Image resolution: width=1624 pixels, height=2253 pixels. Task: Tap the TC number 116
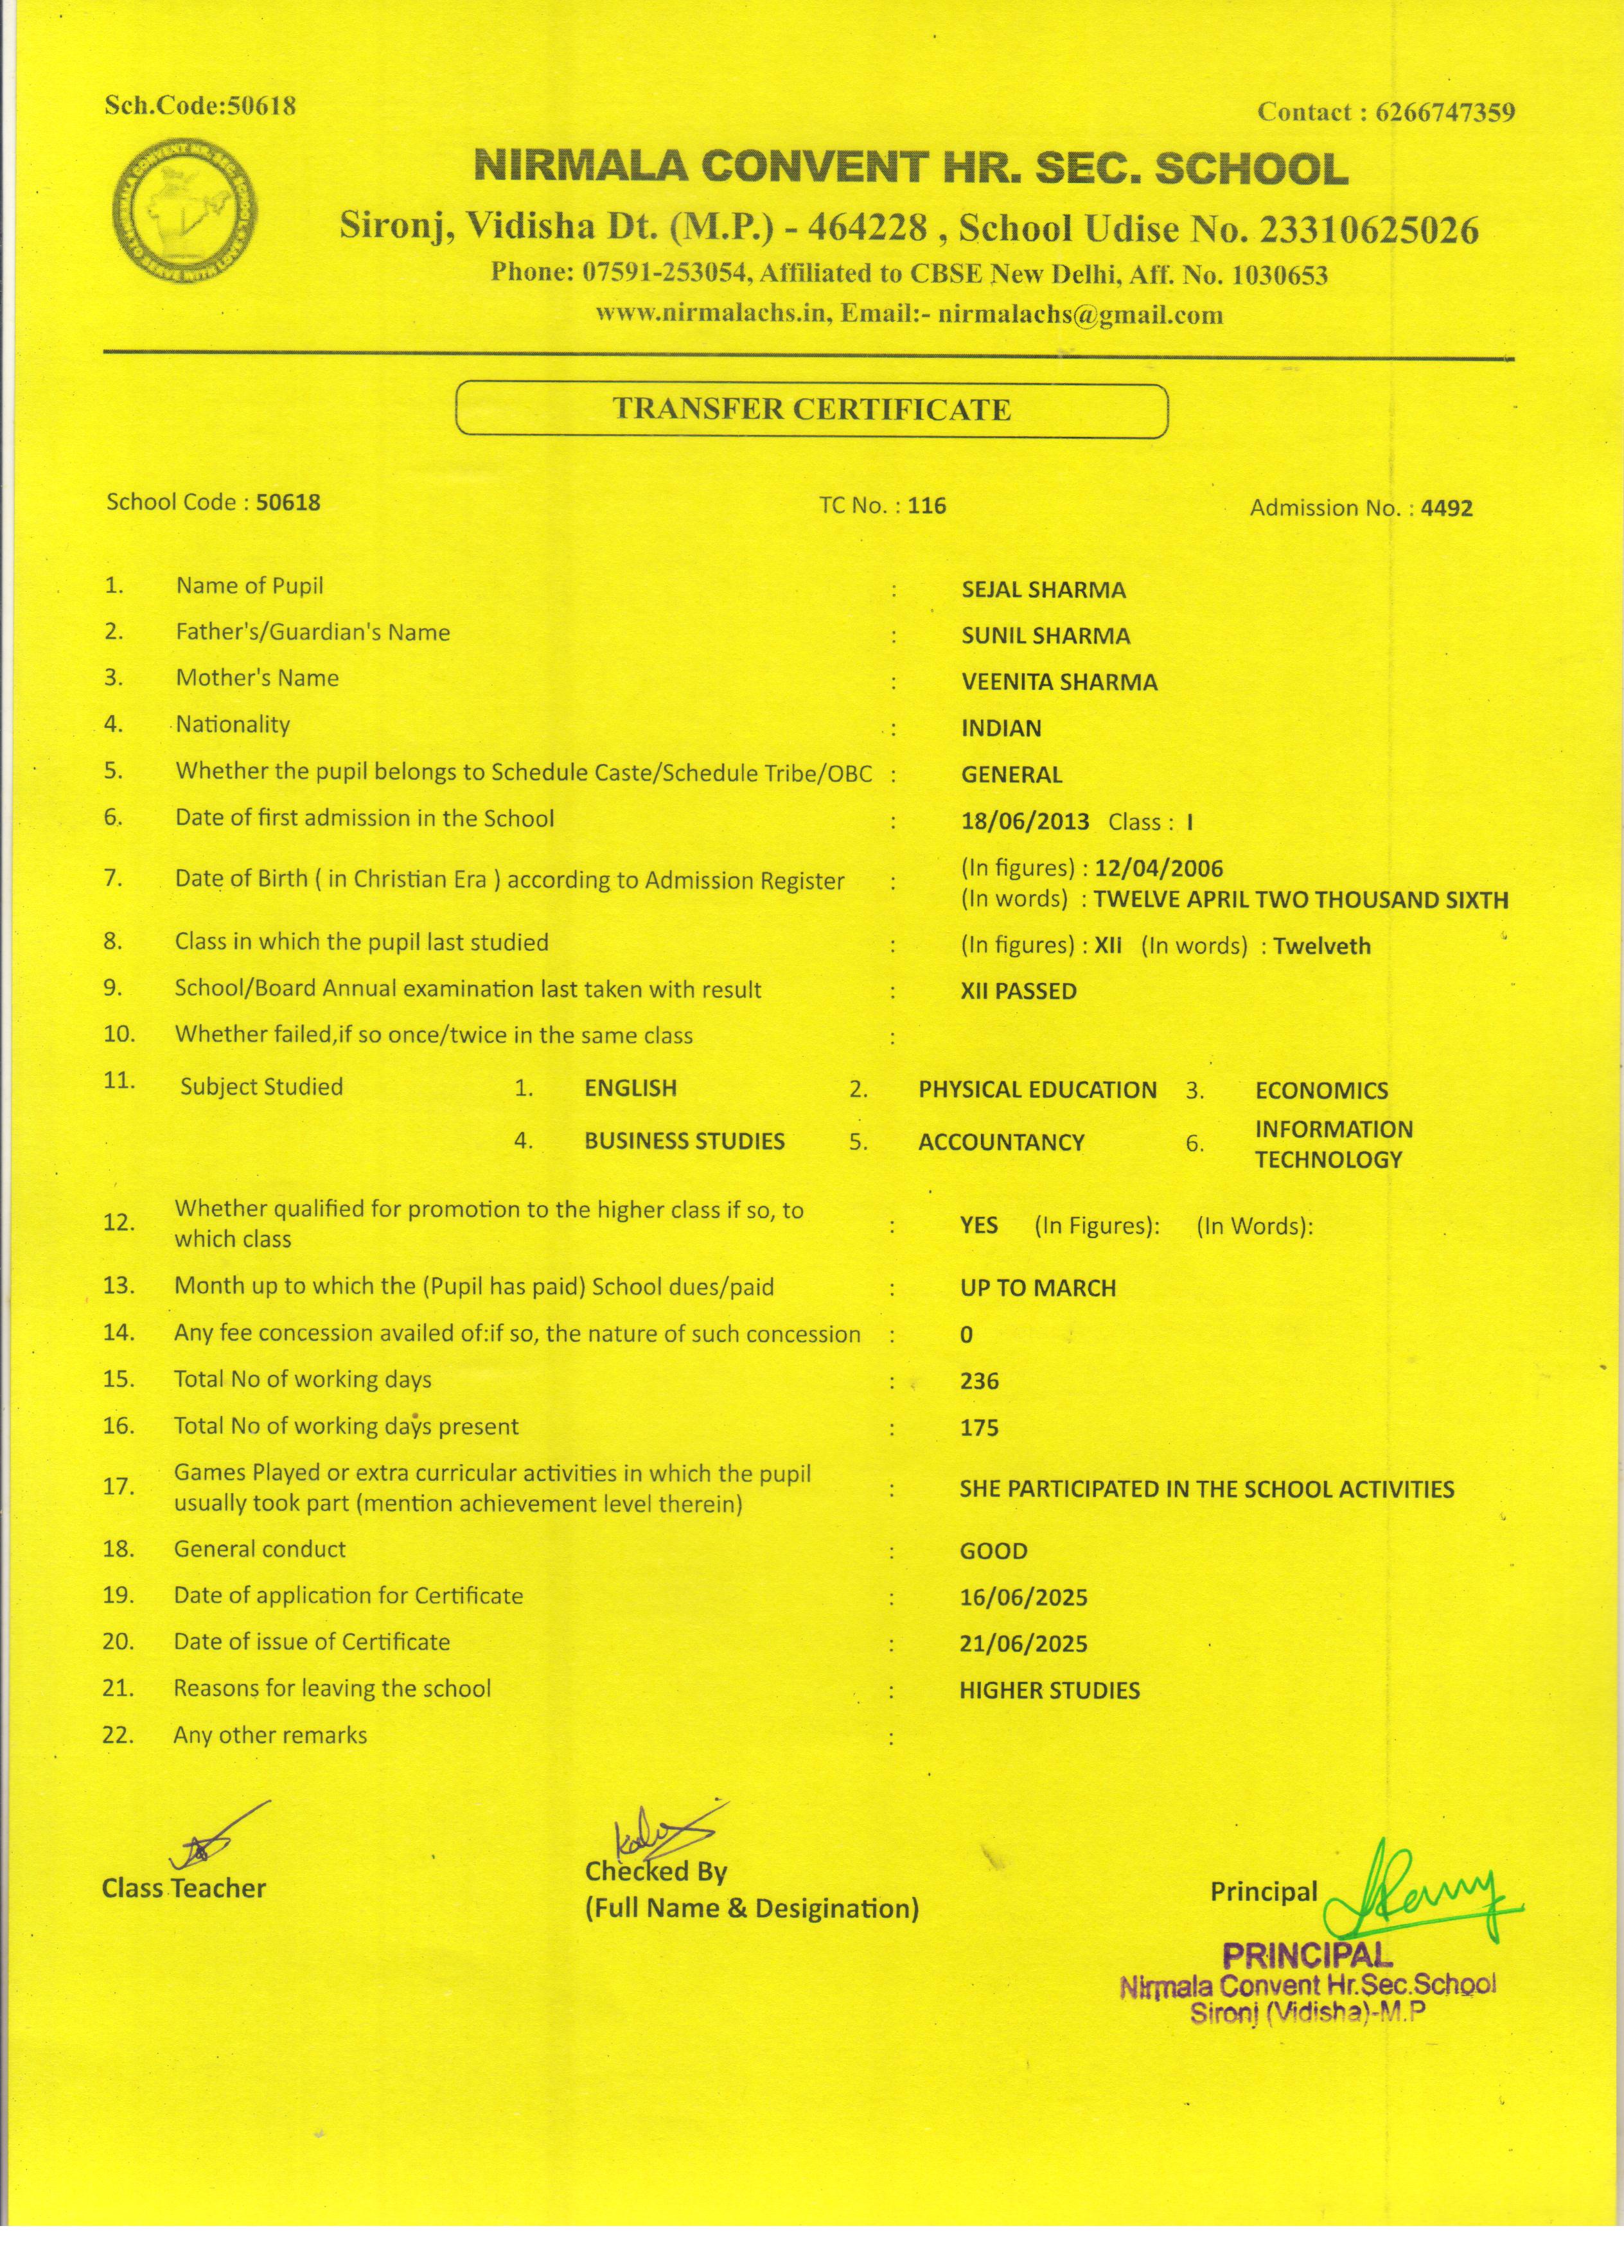tap(927, 506)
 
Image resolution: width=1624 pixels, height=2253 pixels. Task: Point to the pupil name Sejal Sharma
tap(1043, 590)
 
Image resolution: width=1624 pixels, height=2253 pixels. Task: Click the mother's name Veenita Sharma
tap(1059, 682)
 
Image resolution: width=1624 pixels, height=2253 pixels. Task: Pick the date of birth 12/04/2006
tap(1159, 868)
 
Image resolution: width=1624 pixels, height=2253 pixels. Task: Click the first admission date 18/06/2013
tap(1025, 822)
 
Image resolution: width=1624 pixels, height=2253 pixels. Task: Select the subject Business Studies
tap(684, 1142)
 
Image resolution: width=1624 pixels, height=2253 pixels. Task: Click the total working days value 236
tap(980, 1381)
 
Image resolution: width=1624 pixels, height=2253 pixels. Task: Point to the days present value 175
tap(980, 1427)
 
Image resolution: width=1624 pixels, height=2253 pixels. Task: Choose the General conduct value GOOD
tap(993, 1551)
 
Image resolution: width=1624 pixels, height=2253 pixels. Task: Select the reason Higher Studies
tap(1049, 1691)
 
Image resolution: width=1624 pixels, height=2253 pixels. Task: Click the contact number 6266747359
tap(1445, 112)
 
